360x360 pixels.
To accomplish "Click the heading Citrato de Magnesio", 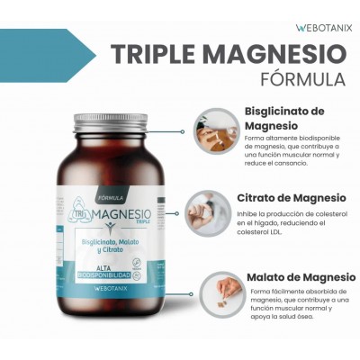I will click(291, 197).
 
